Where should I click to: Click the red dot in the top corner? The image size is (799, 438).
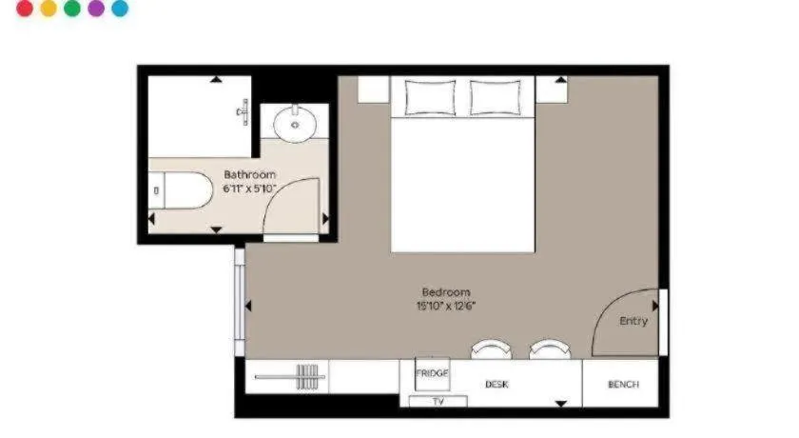click(x=25, y=9)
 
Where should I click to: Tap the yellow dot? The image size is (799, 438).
click(x=49, y=9)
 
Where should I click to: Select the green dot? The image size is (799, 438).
click(x=72, y=9)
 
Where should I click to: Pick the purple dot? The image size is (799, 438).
click(x=96, y=9)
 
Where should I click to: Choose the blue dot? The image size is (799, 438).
click(x=120, y=9)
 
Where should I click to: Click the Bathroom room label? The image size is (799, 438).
click(x=249, y=174)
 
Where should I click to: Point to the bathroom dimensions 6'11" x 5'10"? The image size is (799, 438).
click(x=249, y=189)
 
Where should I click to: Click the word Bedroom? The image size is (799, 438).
click(x=446, y=292)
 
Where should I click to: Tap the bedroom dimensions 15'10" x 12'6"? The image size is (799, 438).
click(x=446, y=306)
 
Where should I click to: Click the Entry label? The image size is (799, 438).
click(x=633, y=321)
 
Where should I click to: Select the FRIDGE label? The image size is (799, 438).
click(x=432, y=373)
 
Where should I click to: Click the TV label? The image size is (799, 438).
click(x=438, y=402)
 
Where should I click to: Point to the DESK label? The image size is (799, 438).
click(x=497, y=385)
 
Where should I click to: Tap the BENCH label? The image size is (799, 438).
click(x=623, y=385)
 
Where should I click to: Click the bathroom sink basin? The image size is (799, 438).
click(x=295, y=124)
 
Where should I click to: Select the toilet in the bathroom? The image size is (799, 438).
click(x=181, y=190)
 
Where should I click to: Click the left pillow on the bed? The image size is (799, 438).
click(x=430, y=97)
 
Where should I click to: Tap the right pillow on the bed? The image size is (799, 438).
click(x=496, y=97)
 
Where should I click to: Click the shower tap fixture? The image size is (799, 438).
click(x=244, y=112)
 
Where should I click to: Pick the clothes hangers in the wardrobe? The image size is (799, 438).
click(x=307, y=377)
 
